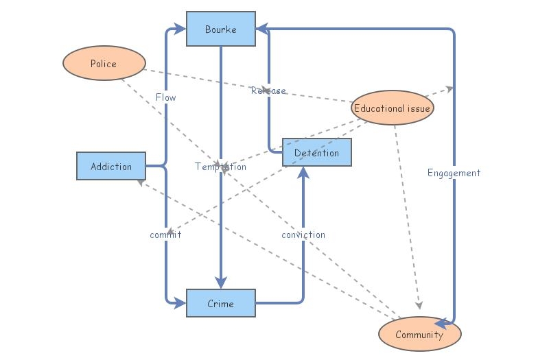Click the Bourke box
[220, 29]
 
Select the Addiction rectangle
[110, 166]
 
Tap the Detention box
[316, 152]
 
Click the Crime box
[220, 303]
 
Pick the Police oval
[104, 63]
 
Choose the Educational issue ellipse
[392, 108]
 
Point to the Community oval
[419, 335]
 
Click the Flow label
[165, 97]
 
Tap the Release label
[268, 91]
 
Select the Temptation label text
[220, 167]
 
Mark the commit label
[165, 235]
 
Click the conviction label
[303, 235]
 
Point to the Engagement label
[454, 173]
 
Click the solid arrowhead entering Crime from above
[220, 283]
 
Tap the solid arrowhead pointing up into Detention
[303, 173]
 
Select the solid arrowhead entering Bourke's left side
[180, 29]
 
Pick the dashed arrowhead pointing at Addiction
[140, 182]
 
